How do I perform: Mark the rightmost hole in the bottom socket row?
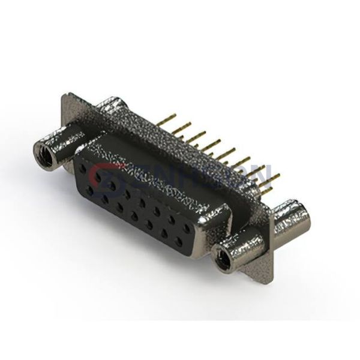178,241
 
